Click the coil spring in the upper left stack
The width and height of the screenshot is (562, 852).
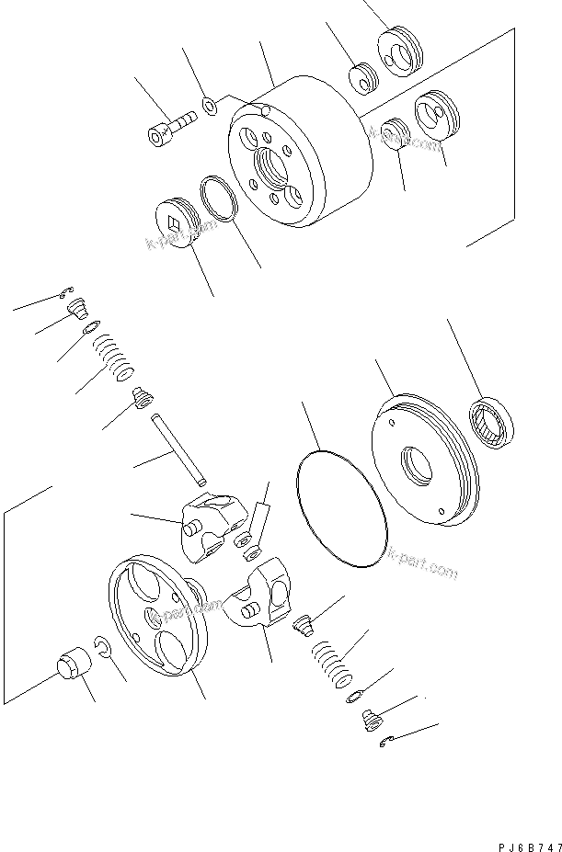pos(114,356)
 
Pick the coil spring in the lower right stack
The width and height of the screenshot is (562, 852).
pos(329,665)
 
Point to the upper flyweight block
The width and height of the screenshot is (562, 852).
pos(213,520)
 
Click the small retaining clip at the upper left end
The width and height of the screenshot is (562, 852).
pos(64,293)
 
